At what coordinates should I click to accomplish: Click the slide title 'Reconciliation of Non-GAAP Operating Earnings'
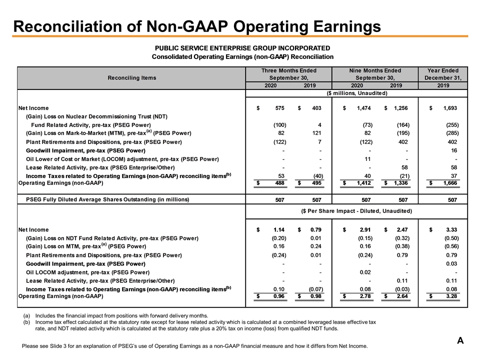(197, 25)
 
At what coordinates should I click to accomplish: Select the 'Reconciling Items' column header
(132, 77)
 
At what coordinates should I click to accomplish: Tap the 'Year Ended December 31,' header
(443, 74)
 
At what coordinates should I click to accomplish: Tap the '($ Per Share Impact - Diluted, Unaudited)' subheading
(356, 211)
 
